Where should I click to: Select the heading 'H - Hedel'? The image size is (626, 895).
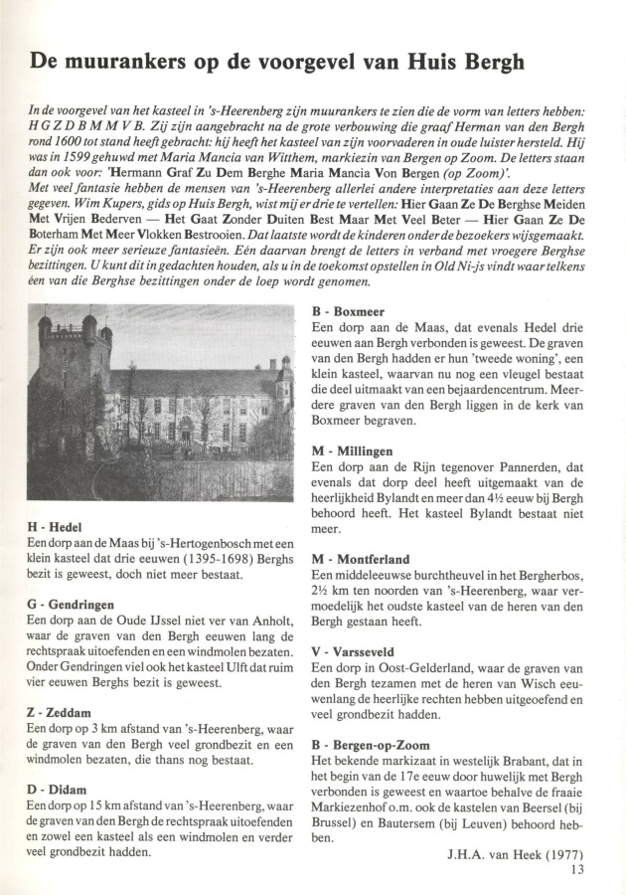(62, 526)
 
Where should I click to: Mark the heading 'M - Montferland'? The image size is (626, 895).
(360, 559)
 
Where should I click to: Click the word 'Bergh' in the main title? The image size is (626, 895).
(489, 61)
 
